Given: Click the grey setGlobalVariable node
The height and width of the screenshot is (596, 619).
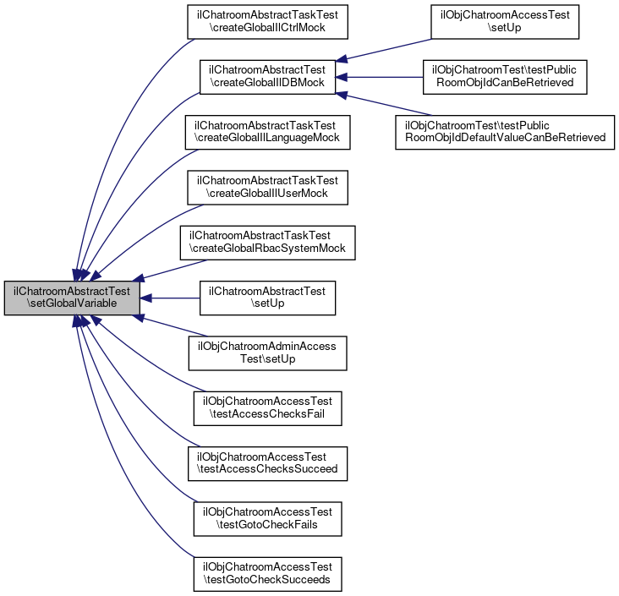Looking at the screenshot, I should pyautogui.click(x=72, y=298).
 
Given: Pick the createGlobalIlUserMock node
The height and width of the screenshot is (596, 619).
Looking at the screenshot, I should pyautogui.click(x=267, y=188).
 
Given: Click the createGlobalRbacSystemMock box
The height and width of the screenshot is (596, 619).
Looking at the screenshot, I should pyautogui.click(x=267, y=242).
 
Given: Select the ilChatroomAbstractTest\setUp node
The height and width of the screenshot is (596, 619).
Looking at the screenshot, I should pyautogui.click(x=267, y=298).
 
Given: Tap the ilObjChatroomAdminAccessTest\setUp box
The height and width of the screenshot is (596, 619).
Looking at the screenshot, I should pyautogui.click(x=267, y=353).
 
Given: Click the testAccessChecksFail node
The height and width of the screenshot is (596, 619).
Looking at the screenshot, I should pyautogui.click(x=267, y=407).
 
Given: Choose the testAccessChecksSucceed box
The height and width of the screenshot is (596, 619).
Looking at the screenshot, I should pyautogui.click(x=267, y=462).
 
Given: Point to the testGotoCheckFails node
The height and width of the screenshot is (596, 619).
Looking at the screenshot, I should pyautogui.click(x=267, y=517).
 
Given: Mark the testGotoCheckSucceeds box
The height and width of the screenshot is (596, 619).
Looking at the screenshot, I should pyautogui.click(x=267, y=571).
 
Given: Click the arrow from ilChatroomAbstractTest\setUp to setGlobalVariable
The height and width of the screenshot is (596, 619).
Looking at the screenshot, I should pyautogui.click(x=169, y=298).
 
